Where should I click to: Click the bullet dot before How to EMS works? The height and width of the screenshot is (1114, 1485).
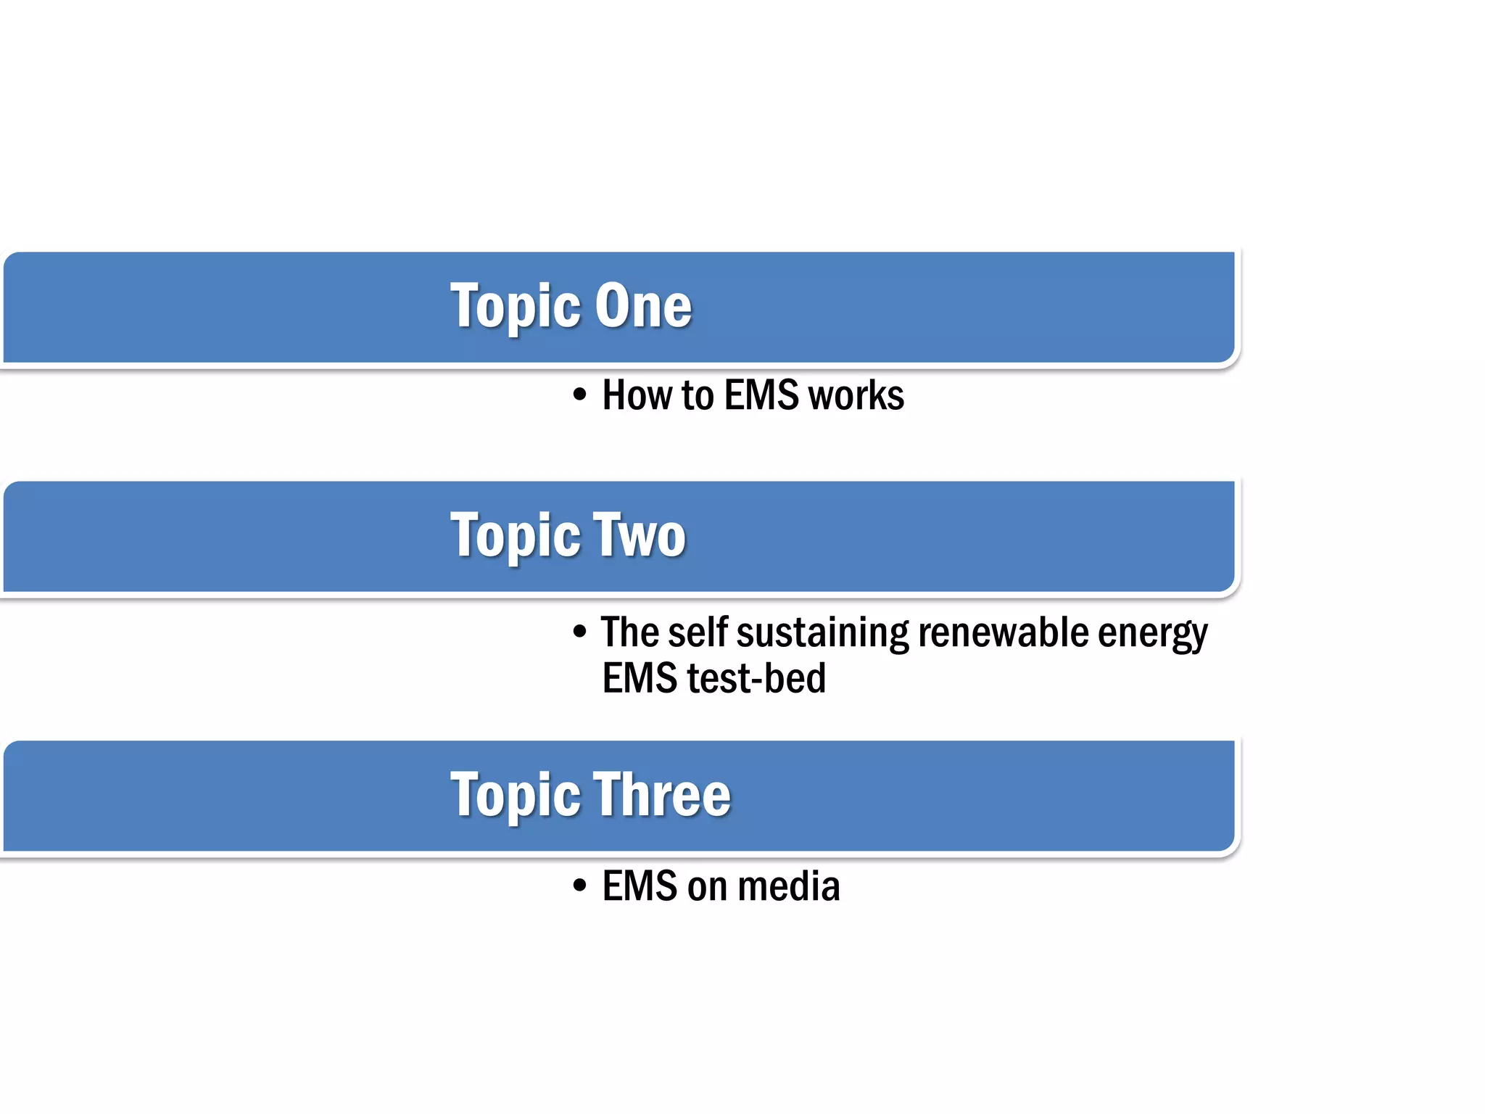click(x=579, y=396)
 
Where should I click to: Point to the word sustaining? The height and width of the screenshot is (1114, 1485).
click(x=822, y=633)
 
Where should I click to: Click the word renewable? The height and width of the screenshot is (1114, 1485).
click(x=1003, y=632)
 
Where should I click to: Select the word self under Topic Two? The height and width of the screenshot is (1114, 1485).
click(x=697, y=632)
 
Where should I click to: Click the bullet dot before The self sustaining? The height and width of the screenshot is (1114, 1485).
click(x=579, y=632)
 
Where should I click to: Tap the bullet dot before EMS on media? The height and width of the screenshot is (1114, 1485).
click(x=579, y=886)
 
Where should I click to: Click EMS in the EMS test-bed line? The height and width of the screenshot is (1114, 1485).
click(x=640, y=678)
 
